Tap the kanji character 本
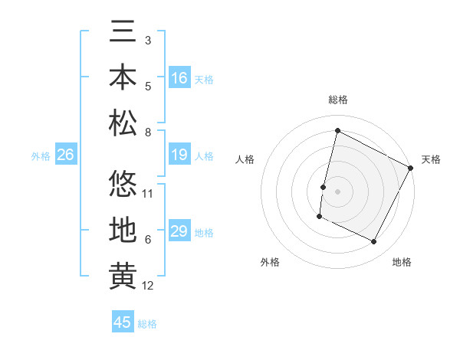tap(123, 77)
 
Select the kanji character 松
tap(123, 123)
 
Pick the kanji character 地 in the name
tap(123, 231)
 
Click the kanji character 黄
tap(123, 277)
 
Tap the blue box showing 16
tap(179, 78)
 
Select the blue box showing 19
tap(179, 155)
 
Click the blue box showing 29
tap(179, 231)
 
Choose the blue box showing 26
tap(65, 155)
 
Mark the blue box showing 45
tap(122, 322)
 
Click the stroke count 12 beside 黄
tap(148, 286)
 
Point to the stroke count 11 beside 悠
tap(148, 194)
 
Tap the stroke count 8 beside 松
tap(148, 133)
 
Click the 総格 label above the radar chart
tap(338, 100)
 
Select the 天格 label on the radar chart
tap(431, 159)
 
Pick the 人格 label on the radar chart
tap(245, 159)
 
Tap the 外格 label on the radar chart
tap(270, 262)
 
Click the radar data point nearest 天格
tap(412, 168)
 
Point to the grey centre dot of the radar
tap(338, 191)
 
